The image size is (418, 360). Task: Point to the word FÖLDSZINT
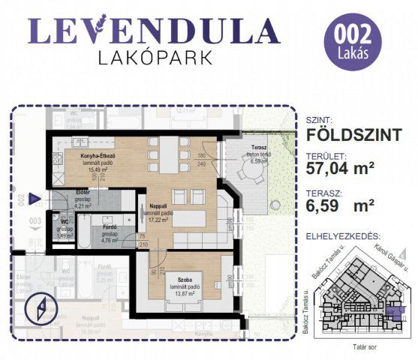click(351, 136)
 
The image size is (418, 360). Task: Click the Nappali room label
click(159, 205)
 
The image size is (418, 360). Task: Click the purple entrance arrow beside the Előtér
click(35, 199)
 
